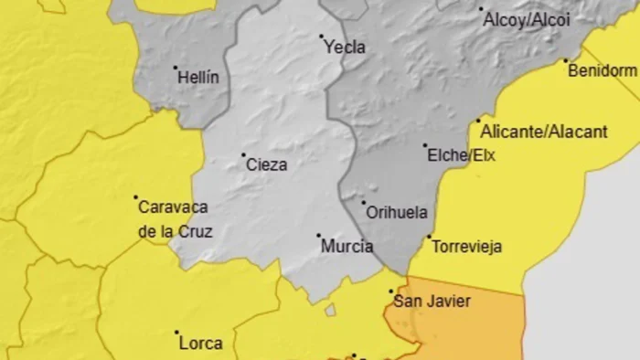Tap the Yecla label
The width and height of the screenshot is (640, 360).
tap(345, 48)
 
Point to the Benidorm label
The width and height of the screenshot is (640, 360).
tap(602, 71)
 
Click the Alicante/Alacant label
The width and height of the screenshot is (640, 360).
tap(543, 132)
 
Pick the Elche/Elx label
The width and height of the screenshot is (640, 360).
tap(461, 155)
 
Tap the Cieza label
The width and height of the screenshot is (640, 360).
tap(266, 165)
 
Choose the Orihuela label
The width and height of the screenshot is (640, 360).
tap(396, 213)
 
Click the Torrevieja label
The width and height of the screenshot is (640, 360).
tap(466, 247)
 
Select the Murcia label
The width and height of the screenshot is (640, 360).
tap(347, 247)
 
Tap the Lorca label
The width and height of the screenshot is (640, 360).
tap(200, 344)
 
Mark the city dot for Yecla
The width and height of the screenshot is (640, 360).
tap(322, 37)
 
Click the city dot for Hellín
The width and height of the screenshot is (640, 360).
tap(176, 67)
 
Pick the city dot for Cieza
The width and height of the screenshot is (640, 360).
tap(243, 154)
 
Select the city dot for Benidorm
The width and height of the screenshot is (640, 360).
tap(567, 61)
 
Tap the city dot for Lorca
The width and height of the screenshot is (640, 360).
tap(177, 333)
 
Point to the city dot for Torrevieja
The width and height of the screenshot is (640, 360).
tap(429, 237)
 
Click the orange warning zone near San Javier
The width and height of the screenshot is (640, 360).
tap(475, 324)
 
